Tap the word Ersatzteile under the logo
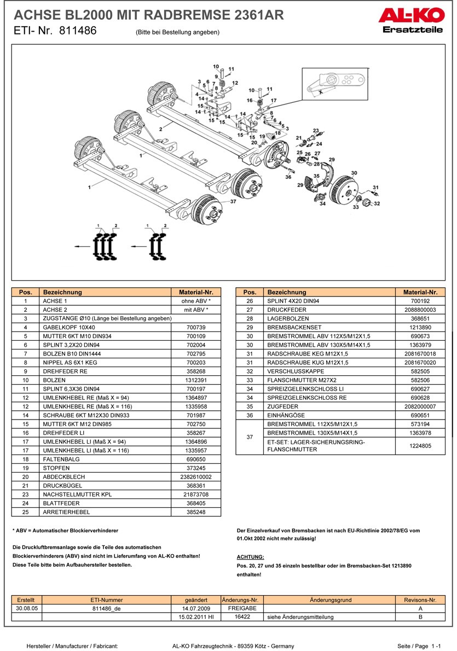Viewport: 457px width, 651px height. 413,30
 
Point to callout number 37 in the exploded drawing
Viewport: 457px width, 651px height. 233,201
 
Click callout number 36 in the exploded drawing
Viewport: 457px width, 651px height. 288,177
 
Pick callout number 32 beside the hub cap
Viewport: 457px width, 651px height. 377,204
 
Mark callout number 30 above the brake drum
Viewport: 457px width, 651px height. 354,173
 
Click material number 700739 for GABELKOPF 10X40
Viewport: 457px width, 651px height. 195,327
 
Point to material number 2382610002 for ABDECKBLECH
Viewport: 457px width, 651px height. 195,477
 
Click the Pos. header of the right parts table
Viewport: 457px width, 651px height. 250,292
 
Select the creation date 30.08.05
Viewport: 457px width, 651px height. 26,608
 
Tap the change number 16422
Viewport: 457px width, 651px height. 242,617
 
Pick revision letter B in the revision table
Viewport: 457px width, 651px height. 420,617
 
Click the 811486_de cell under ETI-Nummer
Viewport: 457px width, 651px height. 107,608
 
